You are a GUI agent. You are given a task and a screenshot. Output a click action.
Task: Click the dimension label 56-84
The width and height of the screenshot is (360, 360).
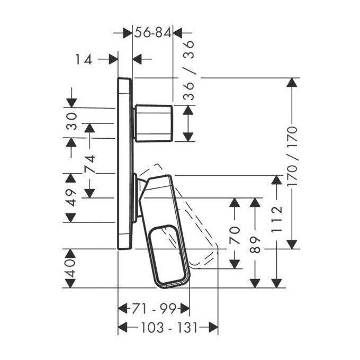(x=153, y=33)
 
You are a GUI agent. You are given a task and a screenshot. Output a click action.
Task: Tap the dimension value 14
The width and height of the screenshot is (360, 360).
(x=84, y=59)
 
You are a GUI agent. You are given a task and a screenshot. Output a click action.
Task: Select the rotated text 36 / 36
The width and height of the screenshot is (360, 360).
(x=188, y=70)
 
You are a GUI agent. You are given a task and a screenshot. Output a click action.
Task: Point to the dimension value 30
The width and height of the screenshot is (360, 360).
(x=71, y=121)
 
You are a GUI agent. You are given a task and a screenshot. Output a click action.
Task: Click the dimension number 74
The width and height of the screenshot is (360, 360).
(x=89, y=164)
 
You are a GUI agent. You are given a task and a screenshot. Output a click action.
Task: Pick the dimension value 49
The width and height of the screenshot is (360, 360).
(x=71, y=198)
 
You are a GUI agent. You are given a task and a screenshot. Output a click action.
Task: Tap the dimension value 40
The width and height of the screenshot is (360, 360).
(x=70, y=268)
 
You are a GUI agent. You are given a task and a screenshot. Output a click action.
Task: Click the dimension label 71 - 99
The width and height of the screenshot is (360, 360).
(x=154, y=308)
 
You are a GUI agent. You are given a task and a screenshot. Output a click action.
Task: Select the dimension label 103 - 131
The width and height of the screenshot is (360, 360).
(x=169, y=327)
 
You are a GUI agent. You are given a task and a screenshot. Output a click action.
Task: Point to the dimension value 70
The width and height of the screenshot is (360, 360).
(x=235, y=235)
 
